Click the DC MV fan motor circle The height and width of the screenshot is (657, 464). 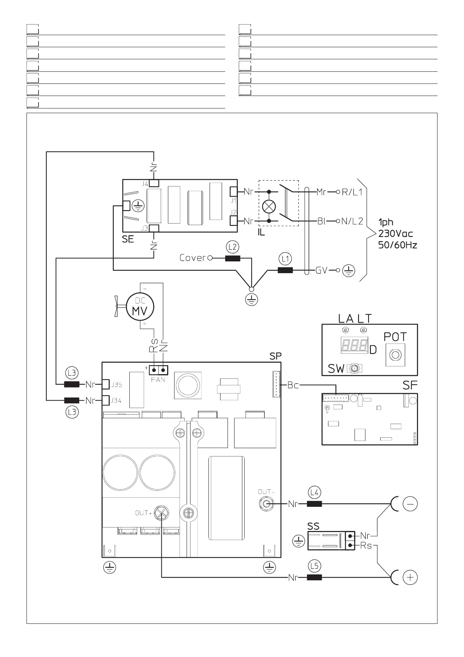[140, 307]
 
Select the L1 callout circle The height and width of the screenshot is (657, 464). [285, 259]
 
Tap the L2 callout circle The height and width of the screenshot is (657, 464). [233, 247]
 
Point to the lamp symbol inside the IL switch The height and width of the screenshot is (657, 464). [269, 206]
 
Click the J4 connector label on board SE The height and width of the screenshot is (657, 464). [145, 184]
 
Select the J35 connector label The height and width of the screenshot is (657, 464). [116, 385]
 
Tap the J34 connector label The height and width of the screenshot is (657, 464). [116, 400]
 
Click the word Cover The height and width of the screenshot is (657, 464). [192, 258]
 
